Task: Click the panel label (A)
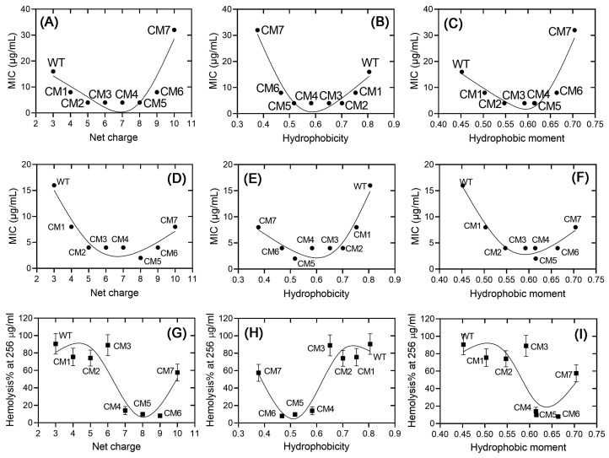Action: pyautogui.click(x=54, y=20)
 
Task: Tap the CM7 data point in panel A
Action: pyautogui.click(x=174, y=30)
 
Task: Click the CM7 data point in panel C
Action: pyautogui.click(x=574, y=30)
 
